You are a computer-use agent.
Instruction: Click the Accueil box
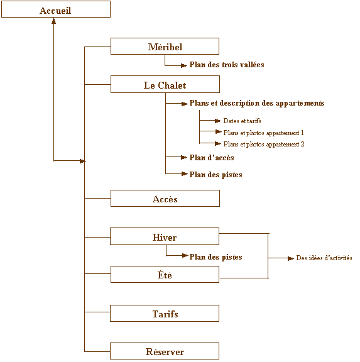(56, 9)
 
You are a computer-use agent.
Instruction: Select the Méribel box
(165, 46)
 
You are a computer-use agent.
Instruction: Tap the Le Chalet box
(165, 84)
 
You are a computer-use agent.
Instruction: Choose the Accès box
(165, 199)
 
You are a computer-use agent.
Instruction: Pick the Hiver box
(165, 236)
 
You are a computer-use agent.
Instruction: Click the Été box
(165, 274)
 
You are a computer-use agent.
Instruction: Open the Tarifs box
(165, 313)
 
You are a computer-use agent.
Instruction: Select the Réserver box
(165, 351)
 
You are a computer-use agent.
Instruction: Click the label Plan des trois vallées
(227, 65)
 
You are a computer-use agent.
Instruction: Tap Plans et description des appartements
(257, 103)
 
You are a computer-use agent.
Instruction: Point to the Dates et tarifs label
(242, 121)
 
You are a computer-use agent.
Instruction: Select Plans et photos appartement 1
(263, 133)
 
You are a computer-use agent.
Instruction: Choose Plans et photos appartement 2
(264, 145)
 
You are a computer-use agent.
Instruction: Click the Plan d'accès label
(212, 158)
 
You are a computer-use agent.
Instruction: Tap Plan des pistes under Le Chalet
(215, 175)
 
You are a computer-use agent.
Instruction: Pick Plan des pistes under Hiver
(215, 257)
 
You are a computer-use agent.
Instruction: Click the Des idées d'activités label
(324, 258)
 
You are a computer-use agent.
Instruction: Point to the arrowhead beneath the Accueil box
(54, 21)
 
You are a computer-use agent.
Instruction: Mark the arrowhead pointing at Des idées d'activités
(290, 258)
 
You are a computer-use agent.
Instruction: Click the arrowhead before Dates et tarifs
(217, 121)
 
